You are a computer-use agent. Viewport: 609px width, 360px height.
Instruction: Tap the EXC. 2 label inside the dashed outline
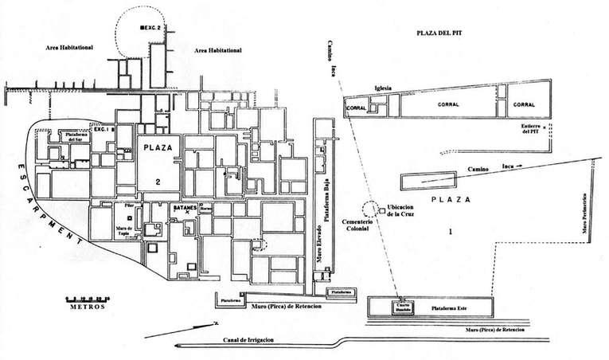[x=151, y=28]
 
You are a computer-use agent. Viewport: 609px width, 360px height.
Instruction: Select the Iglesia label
[x=385, y=88]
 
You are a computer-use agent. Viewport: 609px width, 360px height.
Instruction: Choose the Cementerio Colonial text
[x=351, y=224]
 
